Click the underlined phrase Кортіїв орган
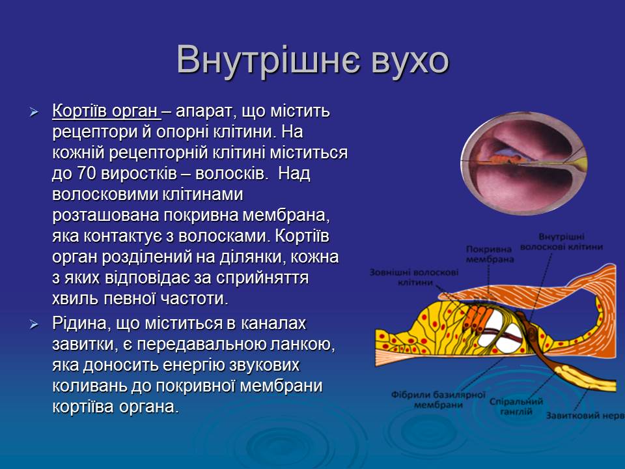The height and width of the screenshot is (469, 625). pos(105,111)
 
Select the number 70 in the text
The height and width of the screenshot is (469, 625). pos(85,173)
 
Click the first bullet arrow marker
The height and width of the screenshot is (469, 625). pos(35,112)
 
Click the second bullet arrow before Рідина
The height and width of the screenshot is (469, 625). pos(35,324)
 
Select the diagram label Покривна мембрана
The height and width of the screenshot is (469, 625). pos(490,254)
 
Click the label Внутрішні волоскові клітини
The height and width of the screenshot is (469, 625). pos(562,242)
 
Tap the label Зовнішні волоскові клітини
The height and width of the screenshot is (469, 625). pos(414,277)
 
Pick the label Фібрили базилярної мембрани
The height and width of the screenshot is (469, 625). pos(438,400)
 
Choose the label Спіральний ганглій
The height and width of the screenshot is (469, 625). pos(516,406)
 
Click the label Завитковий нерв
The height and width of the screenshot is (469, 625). pos(585,416)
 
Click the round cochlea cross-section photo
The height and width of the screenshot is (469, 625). pos(523,163)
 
